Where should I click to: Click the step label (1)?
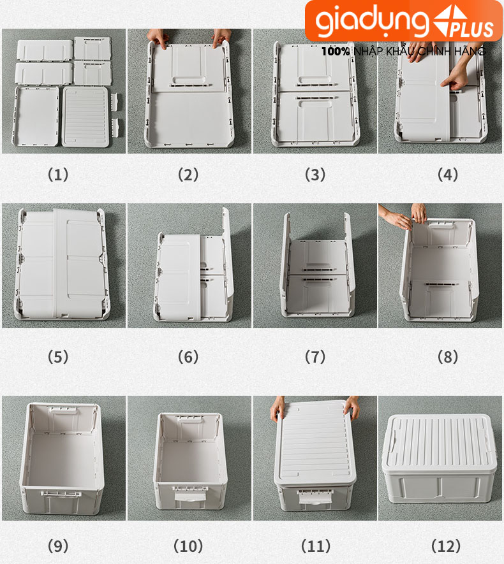tap(58, 175)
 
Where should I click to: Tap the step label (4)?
tap(447, 175)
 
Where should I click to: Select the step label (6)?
tap(188, 357)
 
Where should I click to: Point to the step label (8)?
tap(447, 357)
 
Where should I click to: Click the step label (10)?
tap(188, 546)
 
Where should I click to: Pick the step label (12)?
tap(446, 546)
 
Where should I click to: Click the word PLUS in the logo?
tap(471, 29)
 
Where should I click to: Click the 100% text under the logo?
tap(336, 52)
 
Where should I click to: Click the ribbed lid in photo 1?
tap(85, 116)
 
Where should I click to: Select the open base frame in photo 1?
tap(36, 116)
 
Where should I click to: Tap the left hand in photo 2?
tap(158, 38)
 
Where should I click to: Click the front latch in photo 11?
tap(313, 496)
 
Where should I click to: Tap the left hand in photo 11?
tap(278, 409)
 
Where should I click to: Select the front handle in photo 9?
tap(61, 493)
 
